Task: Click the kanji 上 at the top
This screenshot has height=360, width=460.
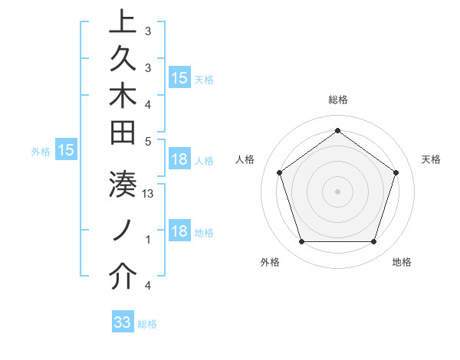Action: (122, 21)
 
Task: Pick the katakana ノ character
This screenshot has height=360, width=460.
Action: (122, 231)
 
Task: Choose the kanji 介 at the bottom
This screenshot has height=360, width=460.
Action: (122, 277)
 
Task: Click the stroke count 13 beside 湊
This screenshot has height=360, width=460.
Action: (149, 195)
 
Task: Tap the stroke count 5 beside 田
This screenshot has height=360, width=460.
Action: (148, 141)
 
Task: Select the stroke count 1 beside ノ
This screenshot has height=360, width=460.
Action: (148, 240)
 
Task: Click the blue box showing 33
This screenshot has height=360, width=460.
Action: (123, 322)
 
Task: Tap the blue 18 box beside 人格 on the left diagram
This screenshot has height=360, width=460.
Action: (179, 160)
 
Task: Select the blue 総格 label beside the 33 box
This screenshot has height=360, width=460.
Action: (147, 324)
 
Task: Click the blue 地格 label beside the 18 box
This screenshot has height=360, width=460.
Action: (204, 233)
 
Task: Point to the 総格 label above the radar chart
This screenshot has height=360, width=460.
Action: (337, 100)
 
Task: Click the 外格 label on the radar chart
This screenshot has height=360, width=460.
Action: (270, 263)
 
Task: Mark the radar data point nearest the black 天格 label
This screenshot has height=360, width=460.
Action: (396, 172)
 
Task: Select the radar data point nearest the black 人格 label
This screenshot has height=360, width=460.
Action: (279, 172)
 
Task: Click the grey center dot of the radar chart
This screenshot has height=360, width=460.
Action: (337, 191)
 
